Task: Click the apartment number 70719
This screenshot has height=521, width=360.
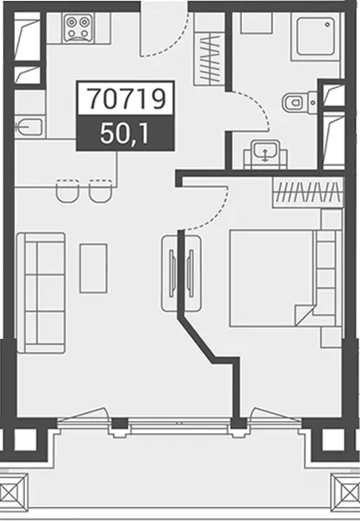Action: [x=126, y=98]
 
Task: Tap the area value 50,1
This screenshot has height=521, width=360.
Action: [x=124, y=135]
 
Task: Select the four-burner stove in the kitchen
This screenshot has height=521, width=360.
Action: [x=78, y=28]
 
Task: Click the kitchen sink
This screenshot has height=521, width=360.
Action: [x=29, y=128]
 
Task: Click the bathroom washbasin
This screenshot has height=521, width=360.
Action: [x=265, y=154]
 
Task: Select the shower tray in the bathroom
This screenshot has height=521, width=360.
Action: [x=315, y=37]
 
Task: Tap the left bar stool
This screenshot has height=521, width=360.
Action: [x=67, y=191]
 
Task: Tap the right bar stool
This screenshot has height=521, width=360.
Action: [x=100, y=191]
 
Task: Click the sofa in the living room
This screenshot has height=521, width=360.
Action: [x=41, y=292]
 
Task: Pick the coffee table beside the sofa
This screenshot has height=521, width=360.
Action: [x=93, y=268]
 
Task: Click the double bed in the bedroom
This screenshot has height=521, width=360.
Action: [x=282, y=278]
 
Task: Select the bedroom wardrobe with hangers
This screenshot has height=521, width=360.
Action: [x=308, y=192]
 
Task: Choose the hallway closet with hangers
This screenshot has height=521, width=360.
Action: [x=209, y=59]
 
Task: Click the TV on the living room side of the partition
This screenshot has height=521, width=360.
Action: [x=172, y=273]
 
